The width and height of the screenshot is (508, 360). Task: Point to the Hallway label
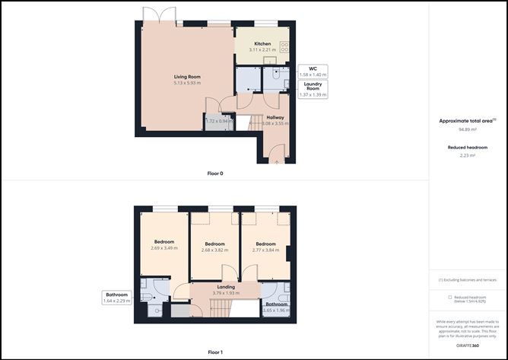coord(274,117)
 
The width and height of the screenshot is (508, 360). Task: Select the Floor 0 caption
coord(215,174)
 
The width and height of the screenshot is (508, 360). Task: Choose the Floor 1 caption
coord(215,352)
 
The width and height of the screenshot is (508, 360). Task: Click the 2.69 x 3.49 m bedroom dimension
coord(164,248)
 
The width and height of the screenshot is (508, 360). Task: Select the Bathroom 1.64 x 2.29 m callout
coord(116,298)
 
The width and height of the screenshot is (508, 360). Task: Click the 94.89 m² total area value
coord(467,129)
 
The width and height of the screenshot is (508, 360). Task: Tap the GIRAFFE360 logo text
coord(467,346)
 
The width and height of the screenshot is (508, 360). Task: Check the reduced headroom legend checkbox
coord(450,297)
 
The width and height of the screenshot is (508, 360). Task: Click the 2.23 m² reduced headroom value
coord(467,155)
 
